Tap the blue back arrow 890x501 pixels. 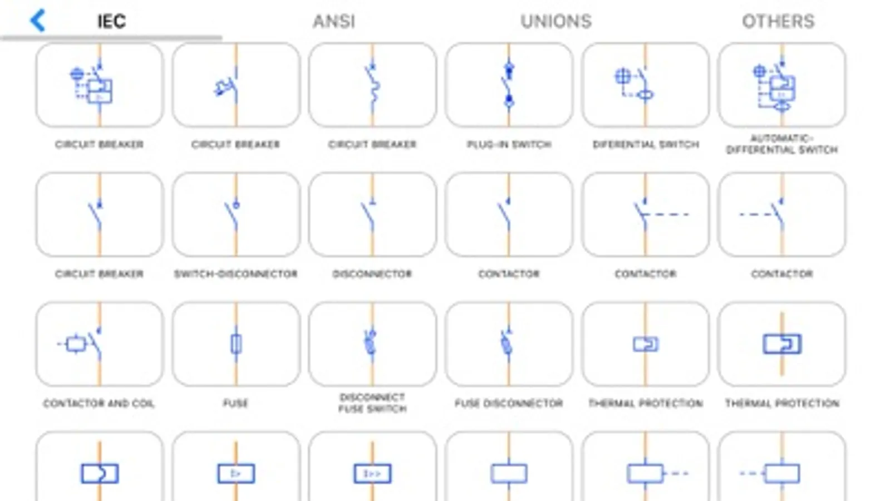37,21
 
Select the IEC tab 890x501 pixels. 111,22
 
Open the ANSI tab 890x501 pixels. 334,22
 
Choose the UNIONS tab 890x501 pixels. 555,22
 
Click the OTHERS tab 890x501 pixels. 778,22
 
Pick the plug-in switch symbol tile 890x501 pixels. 509,85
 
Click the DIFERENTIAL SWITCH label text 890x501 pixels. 645,145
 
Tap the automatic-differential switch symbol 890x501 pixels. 781,85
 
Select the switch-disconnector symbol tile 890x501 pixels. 236,214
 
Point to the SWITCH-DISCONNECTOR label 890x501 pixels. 236,274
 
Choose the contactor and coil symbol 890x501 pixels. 100,344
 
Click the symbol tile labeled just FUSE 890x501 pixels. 236,344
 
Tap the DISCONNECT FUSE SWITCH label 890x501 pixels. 372,403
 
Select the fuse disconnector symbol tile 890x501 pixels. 509,344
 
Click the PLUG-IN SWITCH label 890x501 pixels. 509,145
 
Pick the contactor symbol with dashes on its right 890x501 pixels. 645,214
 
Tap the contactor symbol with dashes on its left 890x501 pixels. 781,214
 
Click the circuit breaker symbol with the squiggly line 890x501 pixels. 372,85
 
